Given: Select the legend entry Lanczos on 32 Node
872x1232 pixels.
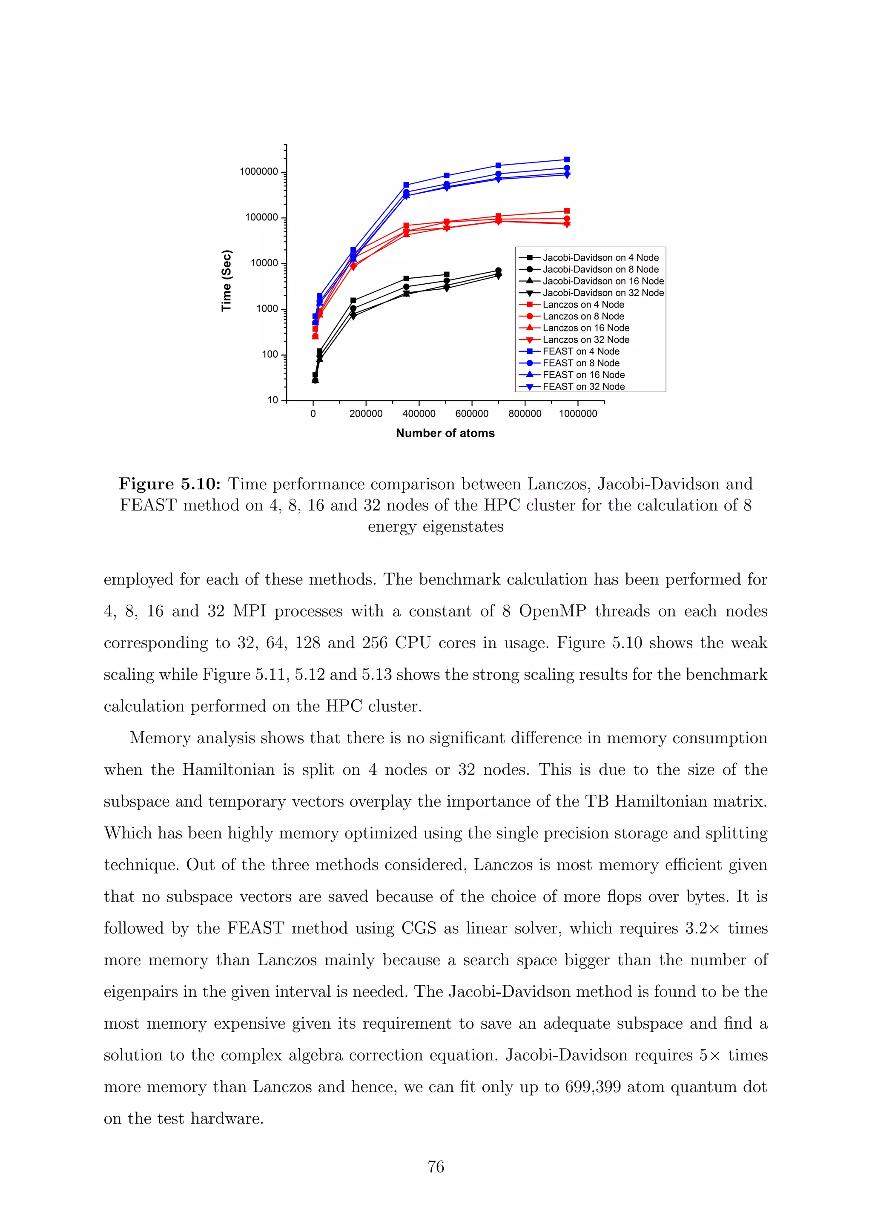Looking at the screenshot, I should click(x=585, y=339).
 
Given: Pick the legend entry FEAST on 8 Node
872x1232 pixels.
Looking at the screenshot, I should click(x=580, y=363).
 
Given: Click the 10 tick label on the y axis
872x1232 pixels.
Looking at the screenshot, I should click(x=273, y=400).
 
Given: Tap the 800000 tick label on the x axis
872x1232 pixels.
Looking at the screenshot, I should click(x=525, y=414).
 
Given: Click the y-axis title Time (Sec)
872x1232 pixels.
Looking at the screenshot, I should click(x=227, y=281).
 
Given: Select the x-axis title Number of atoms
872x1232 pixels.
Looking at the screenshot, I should click(x=445, y=433).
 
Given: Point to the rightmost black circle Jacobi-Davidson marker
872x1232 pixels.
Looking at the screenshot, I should click(x=498, y=271).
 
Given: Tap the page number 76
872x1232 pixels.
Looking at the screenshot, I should click(x=436, y=1166).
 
